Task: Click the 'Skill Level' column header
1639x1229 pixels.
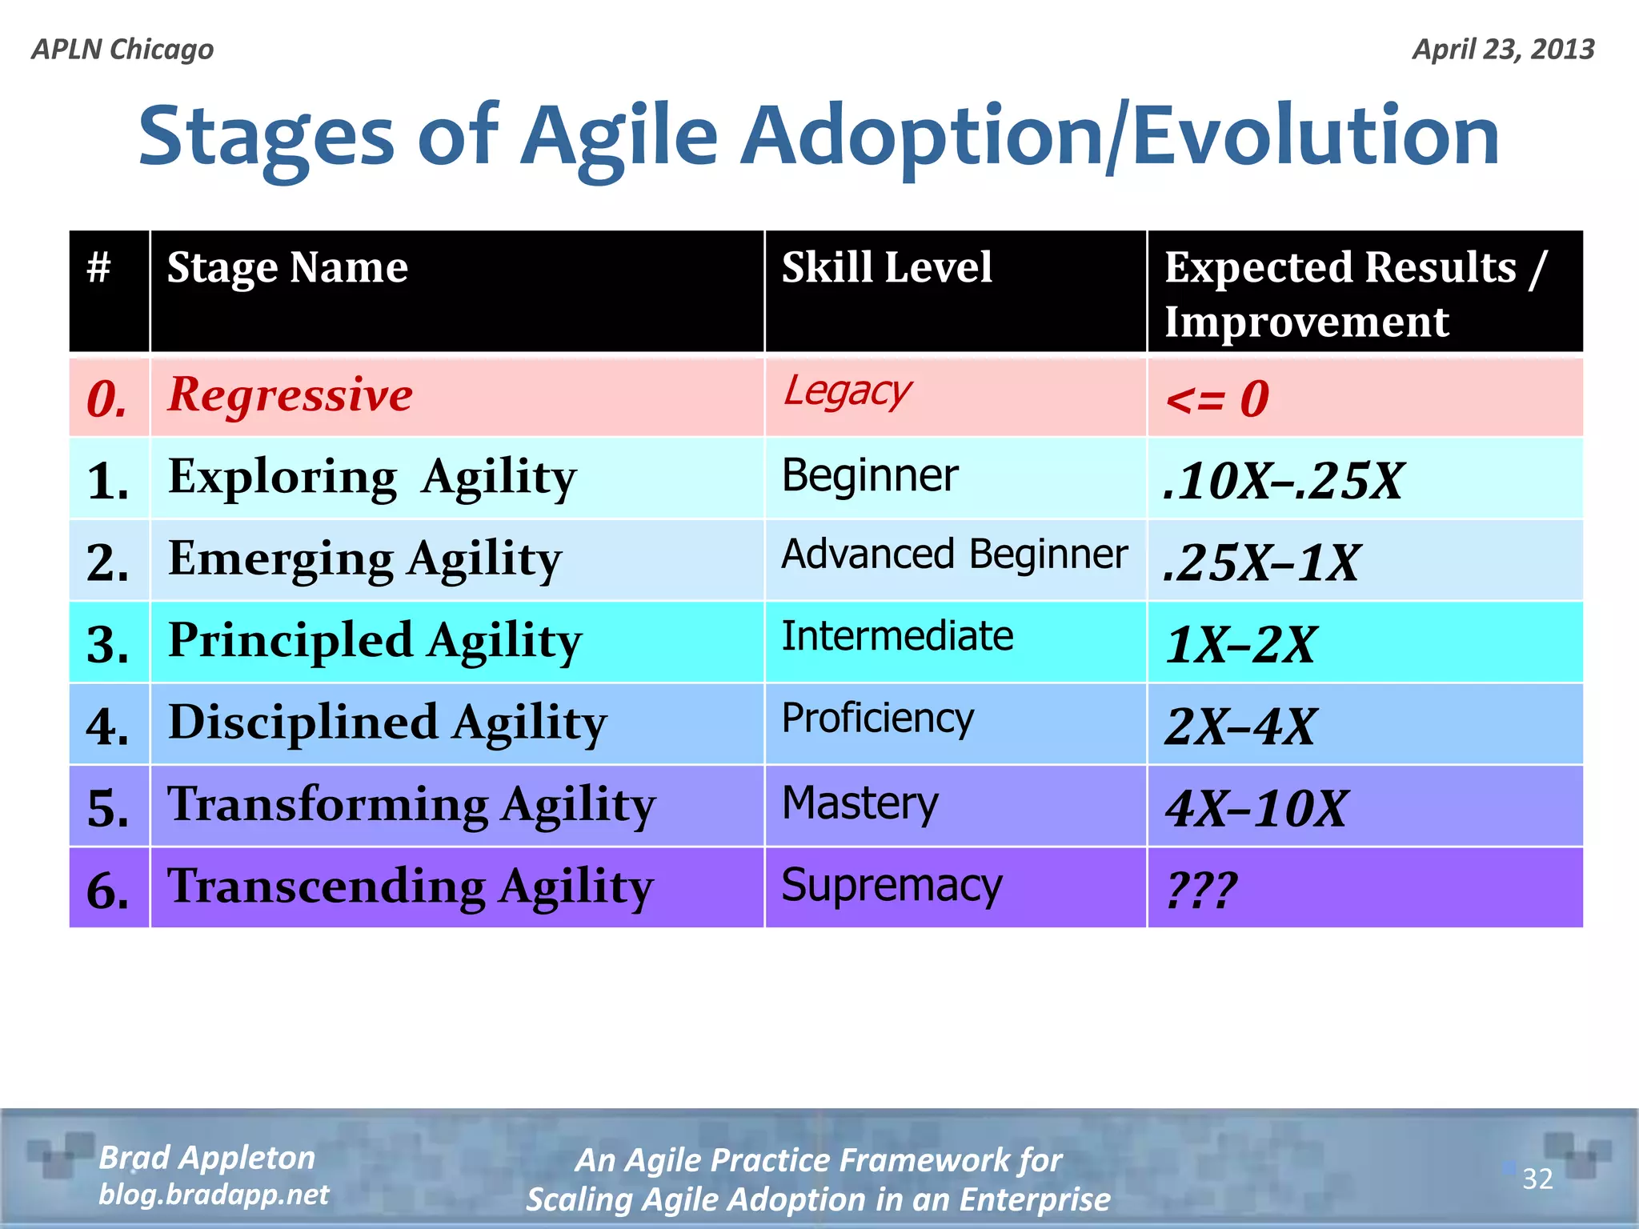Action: [886, 267]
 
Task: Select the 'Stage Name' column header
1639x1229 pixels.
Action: [287, 267]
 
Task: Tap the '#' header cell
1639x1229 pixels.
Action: [98, 267]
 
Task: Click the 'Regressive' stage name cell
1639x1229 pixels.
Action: [290, 395]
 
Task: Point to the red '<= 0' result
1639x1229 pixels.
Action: [1216, 398]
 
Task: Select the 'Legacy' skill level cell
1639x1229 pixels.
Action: [847, 392]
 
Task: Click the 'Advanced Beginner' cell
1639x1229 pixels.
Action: [954, 554]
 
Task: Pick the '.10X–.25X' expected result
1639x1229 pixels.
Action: [1282, 480]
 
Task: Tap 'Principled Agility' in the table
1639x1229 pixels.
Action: [375, 641]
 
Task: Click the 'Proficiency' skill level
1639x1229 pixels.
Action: [877, 718]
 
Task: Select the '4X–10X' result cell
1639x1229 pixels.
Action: [1256, 808]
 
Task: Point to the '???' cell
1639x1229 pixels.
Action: [1201, 890]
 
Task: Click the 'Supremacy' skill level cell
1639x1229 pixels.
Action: [891, 886]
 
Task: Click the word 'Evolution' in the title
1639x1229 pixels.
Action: [1315, 136]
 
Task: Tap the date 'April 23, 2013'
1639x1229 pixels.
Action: [1503, 50]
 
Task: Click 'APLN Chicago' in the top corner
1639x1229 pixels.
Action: [122, 50]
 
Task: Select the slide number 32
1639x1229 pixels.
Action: [1537, 1179]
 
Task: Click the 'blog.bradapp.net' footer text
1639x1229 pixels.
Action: [214, 1195]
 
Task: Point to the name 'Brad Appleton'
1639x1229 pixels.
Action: [206, 1158]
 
